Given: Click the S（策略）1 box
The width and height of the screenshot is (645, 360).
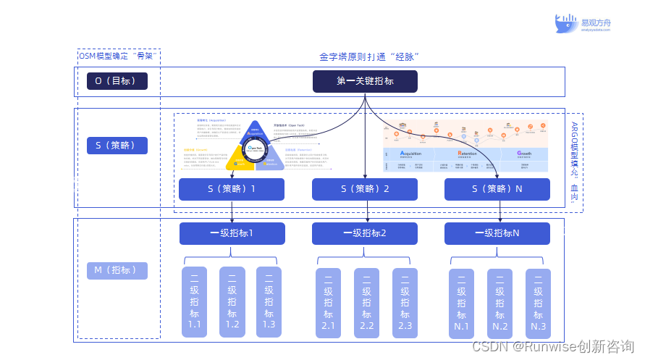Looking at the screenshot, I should point(232,190).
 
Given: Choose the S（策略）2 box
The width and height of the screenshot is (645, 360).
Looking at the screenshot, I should point(365,190).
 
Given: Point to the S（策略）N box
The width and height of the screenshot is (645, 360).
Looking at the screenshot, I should point(497,190).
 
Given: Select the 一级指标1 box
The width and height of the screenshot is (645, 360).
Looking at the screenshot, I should point(232,233).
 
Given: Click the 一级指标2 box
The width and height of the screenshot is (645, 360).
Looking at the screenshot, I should point(365,233).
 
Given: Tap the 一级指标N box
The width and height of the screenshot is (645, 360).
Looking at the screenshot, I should point(497,233).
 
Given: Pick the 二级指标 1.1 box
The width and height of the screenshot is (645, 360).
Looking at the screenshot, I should point(194,302).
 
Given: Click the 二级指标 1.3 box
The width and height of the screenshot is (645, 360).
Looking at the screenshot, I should point(269,302).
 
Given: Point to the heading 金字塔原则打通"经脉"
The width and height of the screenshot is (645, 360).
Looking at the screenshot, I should point(369,56).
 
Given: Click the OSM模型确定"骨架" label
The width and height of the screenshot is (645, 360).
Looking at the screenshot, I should point(117,56).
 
